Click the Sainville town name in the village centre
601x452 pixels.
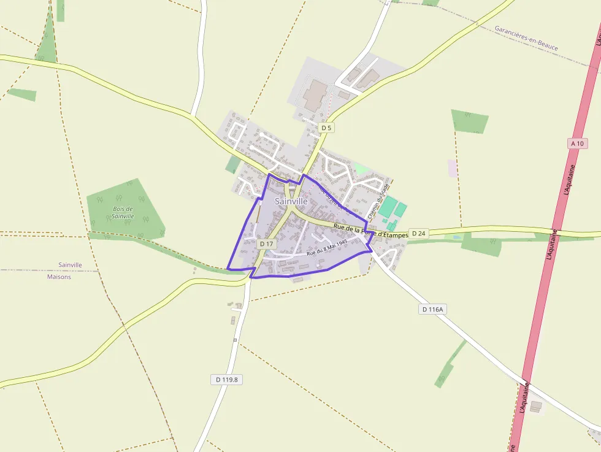click(x=291, y=201)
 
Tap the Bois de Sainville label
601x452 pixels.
click(x=123, y=213)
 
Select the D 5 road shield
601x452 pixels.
click(x=326, y=128)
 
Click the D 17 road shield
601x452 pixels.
click(x=266, y=243)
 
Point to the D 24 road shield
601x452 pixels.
click(x=419, y=233)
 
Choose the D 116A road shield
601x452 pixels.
click(x=432, y=309)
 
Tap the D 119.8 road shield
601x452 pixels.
click(x=227, y=379)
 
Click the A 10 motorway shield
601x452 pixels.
click(x=577, y=143)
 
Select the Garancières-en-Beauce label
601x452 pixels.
click(x=526, y=37)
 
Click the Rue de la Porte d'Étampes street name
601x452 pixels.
click(x=371, y=231)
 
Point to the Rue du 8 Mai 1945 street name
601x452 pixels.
click(x=327, y=247)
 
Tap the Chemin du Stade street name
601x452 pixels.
click(x=374, y=203)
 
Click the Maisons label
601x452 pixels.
click(x=59, y=277)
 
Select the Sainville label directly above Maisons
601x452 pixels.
click(x=70, y=265)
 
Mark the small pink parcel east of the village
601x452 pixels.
click(x=453, y=168)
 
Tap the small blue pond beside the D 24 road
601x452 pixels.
click(x=456, y=237)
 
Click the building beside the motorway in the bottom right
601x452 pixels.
click(x=536, y=406)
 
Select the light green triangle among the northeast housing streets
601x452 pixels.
click(x=361, y=167)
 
